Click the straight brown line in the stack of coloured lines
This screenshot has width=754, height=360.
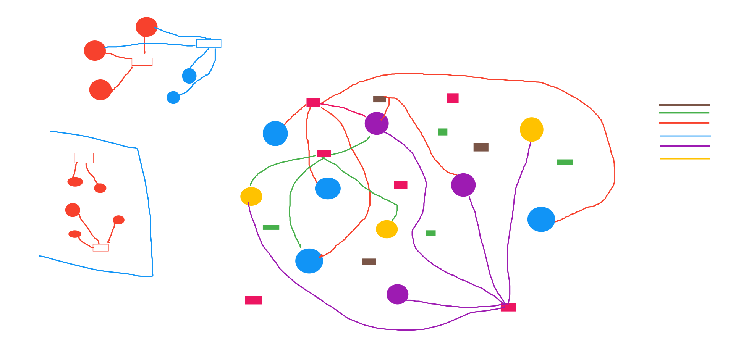tap(684, 105)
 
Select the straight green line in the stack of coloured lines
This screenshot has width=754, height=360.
tap(684, 113)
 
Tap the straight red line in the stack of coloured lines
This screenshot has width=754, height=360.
tap(684, 123)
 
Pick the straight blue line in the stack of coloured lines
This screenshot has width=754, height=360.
tap(685, 136)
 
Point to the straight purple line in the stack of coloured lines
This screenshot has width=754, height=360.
tap(685, 146)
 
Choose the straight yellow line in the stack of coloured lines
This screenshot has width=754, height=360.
tap(685, 158)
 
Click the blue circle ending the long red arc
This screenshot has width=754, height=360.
tap(541, 220)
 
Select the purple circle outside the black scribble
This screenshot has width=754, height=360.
tap(397, 294)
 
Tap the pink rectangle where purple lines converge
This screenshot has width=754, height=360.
tap(508, 307)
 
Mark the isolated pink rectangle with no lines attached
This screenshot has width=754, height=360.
tap(253, 300)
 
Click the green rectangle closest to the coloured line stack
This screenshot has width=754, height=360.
tap(565, 162)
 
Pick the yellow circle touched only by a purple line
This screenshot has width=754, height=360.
tap(531, 129)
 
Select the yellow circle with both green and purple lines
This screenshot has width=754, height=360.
tap(251, 197)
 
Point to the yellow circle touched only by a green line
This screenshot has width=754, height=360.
tap(387, 229)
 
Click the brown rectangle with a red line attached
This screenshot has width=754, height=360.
tap(379, 99)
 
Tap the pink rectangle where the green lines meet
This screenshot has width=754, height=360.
tap(324, 153)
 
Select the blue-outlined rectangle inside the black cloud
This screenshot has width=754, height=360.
tap(209, 44)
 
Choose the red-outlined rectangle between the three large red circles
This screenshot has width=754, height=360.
tap(142, 62)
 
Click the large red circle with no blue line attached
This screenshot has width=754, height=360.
tap(100, 90)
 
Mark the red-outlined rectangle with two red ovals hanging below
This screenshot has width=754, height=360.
tap(84, 158)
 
